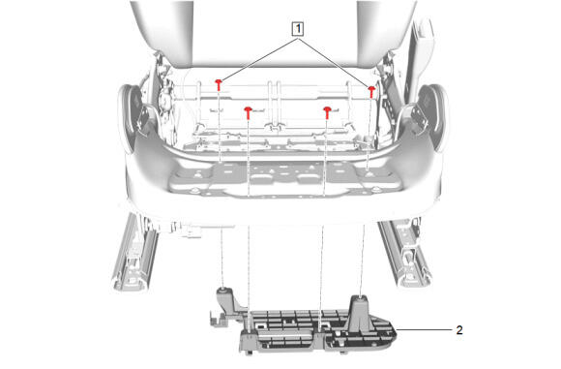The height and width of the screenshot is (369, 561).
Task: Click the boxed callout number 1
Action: [298, 29]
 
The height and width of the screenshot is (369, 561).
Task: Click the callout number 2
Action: [459, 330]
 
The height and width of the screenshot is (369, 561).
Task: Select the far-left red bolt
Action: [219, 85]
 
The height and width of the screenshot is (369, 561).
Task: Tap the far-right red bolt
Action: [371, 92]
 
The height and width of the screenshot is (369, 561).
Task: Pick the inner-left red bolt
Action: [248, 112]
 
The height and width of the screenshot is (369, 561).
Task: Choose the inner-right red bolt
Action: [327, 112]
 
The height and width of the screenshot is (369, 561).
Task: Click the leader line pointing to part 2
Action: [425, 329]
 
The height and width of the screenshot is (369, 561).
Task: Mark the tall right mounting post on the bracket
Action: [359, 313]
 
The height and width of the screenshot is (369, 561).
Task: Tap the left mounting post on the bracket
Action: [226, 298]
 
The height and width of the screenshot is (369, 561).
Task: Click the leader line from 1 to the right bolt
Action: [334, 63]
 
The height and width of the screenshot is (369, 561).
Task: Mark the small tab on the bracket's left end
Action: [217, 319]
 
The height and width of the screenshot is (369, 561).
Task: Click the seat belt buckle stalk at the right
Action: [423, 46]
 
